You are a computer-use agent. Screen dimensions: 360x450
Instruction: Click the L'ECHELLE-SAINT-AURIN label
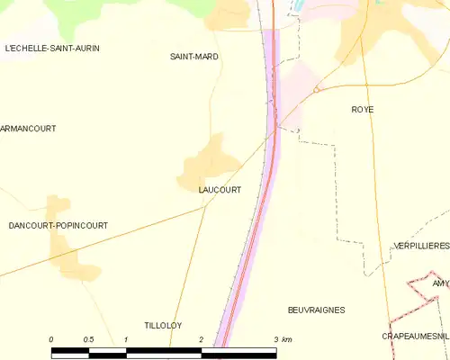[51, 47]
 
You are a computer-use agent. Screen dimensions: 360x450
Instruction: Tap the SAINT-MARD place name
[194, 57]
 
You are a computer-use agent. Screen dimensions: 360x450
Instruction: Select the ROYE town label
[363, 110]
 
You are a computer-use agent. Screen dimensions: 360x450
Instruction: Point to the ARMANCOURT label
[28, 129]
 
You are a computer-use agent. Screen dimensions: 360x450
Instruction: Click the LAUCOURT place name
[220, 190]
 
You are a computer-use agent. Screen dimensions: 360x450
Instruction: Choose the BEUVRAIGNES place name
[317, 310]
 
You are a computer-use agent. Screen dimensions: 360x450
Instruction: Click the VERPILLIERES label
[421, 246]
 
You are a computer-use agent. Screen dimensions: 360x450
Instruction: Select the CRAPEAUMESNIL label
[415, 336]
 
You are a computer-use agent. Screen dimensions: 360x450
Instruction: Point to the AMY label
[440, 283]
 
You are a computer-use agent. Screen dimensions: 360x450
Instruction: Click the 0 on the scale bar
[51, 339]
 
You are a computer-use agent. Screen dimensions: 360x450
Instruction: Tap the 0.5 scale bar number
[88, 339]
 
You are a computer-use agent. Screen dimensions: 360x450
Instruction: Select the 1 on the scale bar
[126, 339]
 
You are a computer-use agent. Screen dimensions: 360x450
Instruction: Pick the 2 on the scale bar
[201, 339]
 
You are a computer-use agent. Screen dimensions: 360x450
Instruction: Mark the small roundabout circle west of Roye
[317, 90]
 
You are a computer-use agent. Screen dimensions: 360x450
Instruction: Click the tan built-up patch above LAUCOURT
[209, 158]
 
